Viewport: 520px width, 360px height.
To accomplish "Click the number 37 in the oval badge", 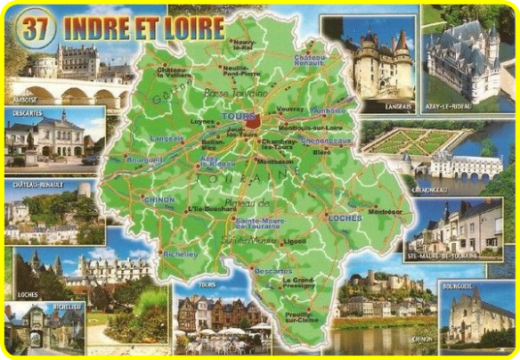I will click(36, 28).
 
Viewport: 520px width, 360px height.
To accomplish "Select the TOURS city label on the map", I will click(236, 117).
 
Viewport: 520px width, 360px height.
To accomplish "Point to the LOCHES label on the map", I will click(339, 217).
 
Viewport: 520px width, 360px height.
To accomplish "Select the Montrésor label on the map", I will click(385, 212).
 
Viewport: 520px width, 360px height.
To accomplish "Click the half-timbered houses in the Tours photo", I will click(214, 312).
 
